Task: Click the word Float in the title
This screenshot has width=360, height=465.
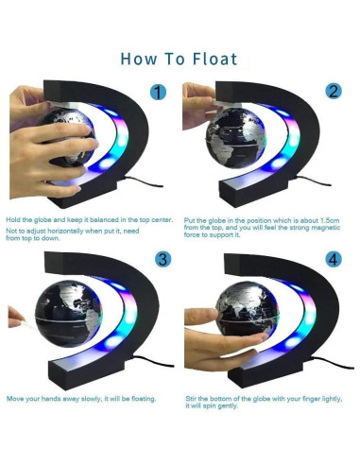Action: [214, 59]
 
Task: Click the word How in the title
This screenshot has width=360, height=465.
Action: [139, 59]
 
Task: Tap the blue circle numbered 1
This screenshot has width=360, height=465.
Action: [158, 92]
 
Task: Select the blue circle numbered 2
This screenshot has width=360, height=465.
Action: [334, 91]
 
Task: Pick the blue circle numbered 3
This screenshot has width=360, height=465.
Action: [163, 260]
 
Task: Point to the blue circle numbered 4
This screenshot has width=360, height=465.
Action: [334, 260]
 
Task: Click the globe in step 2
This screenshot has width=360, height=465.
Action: [235, 138]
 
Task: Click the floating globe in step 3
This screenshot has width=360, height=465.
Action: [68, 314]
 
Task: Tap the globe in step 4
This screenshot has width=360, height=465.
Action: [247, 309]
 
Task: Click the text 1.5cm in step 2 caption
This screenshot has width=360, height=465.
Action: [330, 220]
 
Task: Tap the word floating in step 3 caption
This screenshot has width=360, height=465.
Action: [144, 399]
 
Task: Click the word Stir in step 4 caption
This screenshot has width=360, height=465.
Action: [191, 399]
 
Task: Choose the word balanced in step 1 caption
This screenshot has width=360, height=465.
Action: [104, 219]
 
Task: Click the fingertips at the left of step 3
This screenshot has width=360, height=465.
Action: [16, 318]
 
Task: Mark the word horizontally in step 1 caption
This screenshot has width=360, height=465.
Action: [65, 231]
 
